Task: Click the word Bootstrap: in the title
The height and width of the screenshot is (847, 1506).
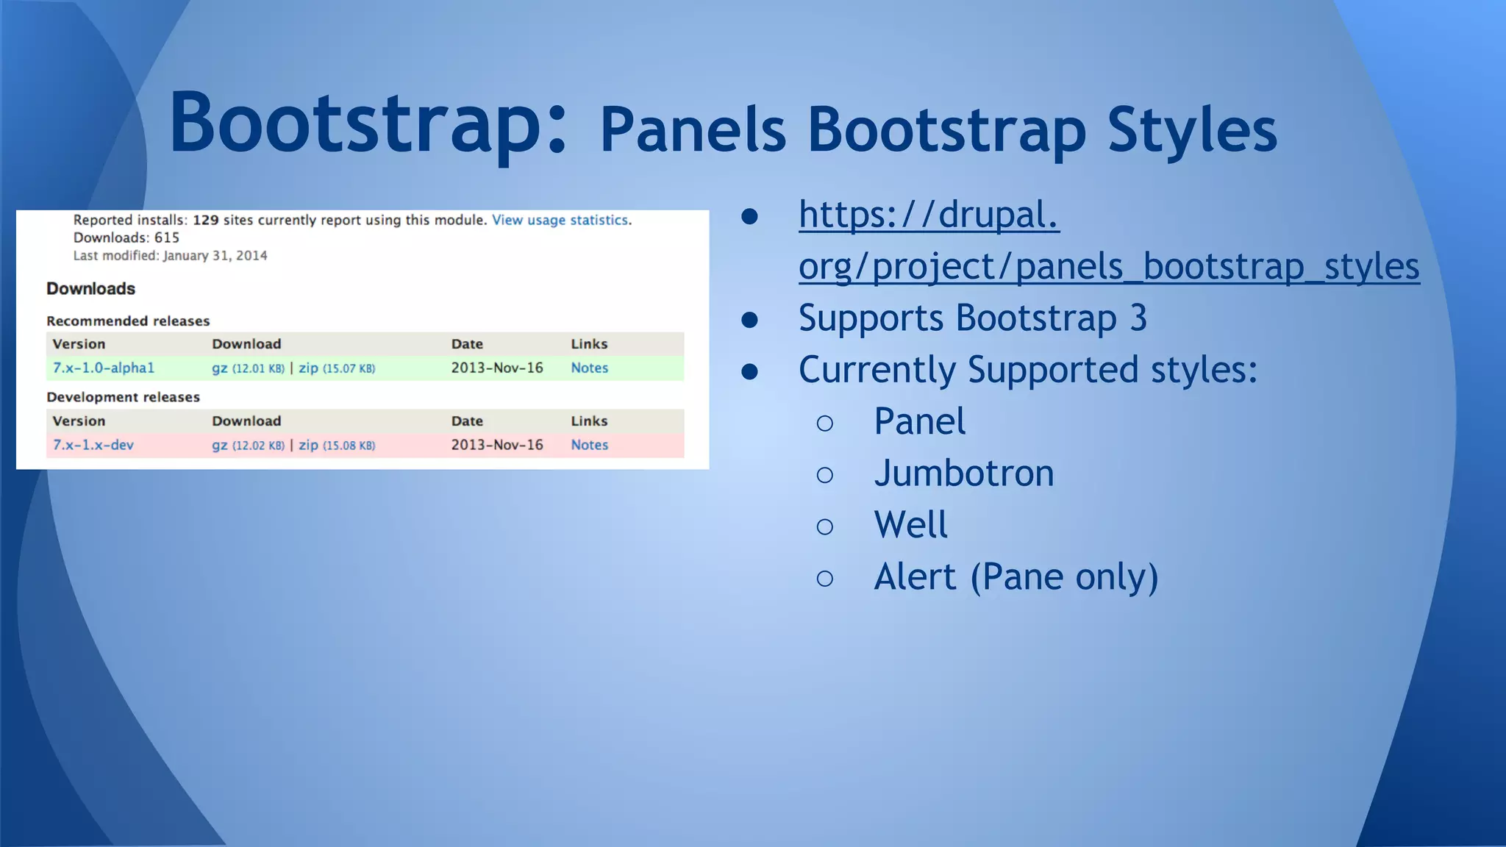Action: pos(368,124)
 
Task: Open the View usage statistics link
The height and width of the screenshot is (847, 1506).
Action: pos(560,220)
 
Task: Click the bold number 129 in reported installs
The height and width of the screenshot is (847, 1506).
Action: pos(206,220)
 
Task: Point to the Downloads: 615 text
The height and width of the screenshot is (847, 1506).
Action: pos(126,237)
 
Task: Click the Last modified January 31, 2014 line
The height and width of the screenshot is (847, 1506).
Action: pos(170,256)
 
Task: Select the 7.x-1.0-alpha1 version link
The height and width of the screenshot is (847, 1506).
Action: pos(104,368)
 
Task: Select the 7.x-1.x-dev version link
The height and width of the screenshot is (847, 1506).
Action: pos(93,445)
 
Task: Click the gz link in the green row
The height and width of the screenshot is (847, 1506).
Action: pos(219,368)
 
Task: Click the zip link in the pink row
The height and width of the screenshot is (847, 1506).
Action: pos(308,445)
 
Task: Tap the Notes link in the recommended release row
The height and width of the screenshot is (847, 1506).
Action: pos(589,368)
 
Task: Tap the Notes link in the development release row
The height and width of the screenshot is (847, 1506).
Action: pos(589,445)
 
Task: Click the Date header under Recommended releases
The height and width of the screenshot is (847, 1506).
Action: pos(467,344)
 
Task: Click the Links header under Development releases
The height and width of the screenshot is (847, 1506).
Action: pos(589,421)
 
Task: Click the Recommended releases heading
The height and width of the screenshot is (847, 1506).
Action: pos(128,321)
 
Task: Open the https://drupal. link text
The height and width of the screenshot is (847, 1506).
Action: pos(929,215)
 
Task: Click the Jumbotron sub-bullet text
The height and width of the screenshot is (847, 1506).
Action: pos(963,473)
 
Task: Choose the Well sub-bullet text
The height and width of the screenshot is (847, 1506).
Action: pos(910,525)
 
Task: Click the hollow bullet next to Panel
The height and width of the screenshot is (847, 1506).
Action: pos(824,423)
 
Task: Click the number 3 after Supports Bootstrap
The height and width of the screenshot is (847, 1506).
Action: pos(1138,318)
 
